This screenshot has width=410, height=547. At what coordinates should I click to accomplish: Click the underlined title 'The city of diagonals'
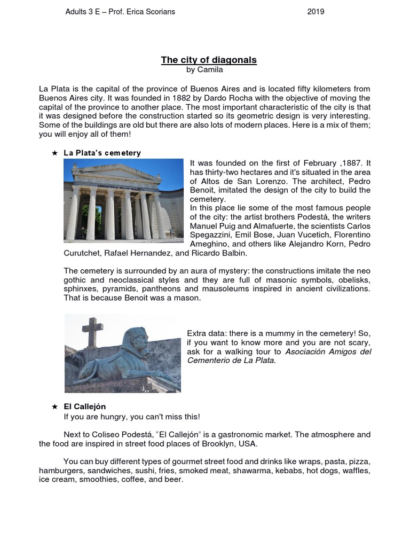coord(209,60)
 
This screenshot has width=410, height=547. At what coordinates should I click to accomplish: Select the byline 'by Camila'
coord(205,69)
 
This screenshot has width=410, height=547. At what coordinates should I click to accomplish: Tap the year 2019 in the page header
coord(316,12)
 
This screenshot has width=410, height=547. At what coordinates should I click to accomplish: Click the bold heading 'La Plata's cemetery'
coord(102,153)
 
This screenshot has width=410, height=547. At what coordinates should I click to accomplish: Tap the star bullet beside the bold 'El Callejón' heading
coord(54,407)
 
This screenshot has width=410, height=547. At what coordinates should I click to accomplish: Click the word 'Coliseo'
coord(105,434)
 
